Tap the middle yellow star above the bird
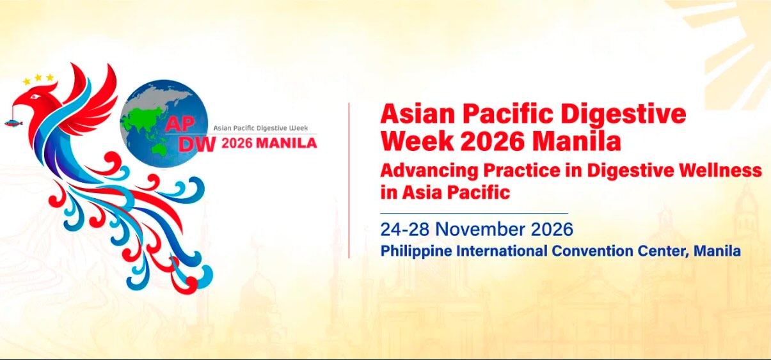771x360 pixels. coord(38,77)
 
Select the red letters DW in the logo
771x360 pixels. coord(196,143)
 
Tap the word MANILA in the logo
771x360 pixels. coord(286,143)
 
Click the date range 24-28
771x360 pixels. coord(406,229)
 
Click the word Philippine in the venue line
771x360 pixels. coord(416,251)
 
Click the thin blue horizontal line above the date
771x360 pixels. coord(474,213)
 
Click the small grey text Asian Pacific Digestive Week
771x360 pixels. coord(260,129)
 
